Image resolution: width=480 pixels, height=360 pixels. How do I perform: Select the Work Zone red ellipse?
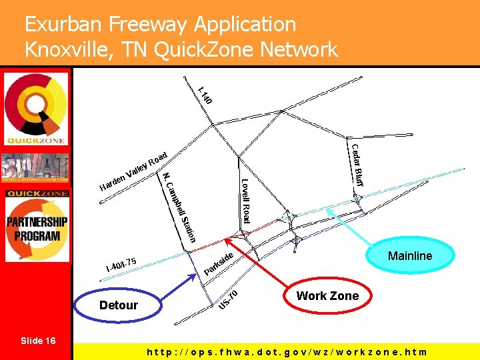click(327, 296)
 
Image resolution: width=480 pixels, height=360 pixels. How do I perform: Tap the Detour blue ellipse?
click(118, 305)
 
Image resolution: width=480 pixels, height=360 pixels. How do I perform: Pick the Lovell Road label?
click(245, 201)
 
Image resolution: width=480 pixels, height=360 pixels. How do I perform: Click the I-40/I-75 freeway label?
click(121, 264)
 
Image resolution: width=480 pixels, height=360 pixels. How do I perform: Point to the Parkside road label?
click(218, 264)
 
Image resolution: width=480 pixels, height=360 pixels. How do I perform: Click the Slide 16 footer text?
click(38, 341)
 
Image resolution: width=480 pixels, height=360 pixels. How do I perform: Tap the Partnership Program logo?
click(37, 227)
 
